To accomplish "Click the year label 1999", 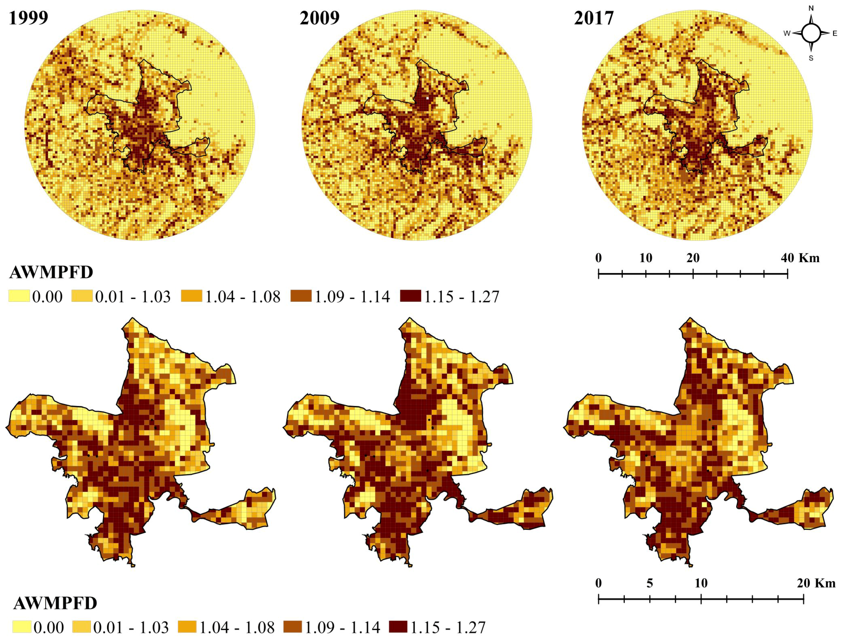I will pyautogui.click(x=29, y=18).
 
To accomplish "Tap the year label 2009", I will pyautogui.click(x=319, y=18).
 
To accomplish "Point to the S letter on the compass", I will pyautogui.click(x=811, y=58).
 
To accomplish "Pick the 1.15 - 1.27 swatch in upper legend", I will pyautogui.click(x=411, y=296).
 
